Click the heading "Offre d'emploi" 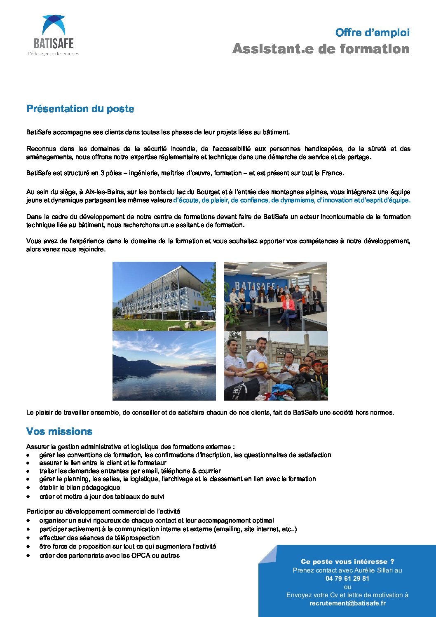tap(372, 33)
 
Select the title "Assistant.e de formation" tap(321, 49)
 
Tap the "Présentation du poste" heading tap(80, 109)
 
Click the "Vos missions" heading tap(59, 432)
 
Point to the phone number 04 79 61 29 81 tap(347, 578)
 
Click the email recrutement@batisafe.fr tap(347, 603)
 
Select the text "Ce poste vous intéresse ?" tap(347, 561)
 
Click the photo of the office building tap(164, 296)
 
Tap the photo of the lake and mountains tap(164, 366)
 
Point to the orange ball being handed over tap(262, 367)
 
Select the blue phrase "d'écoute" tap(185, 200)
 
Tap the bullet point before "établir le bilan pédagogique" tap(28, 488)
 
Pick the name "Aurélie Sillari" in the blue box tap(367, 570)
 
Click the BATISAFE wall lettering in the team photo tap(255, 286)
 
